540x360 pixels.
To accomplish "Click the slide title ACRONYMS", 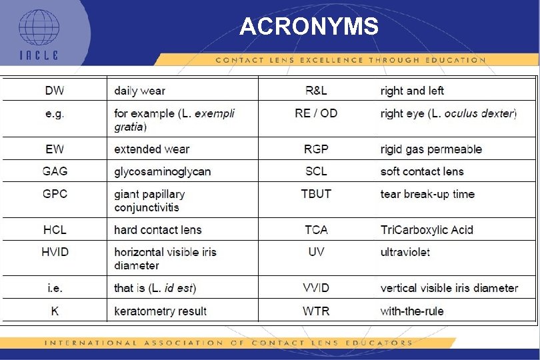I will (x=309, y=27).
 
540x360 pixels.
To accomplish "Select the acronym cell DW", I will (x=55, y=90).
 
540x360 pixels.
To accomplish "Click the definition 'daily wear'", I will (x=139, y=91).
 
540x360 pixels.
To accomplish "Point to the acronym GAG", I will (x=55, y=171).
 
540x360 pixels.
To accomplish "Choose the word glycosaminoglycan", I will (x=162, y=172).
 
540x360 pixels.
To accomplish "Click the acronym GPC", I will (x=55, y=194).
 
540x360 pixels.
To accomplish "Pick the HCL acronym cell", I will (x=55, y=229).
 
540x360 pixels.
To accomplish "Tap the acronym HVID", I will (x=55, y=252).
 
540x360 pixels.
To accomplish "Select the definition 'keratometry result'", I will (x=160, y=311).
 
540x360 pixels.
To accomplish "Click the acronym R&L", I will (x=316, y=90).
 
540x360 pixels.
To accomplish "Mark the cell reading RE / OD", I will (x=316, y=113).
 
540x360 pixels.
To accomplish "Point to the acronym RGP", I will (x=316, y=149).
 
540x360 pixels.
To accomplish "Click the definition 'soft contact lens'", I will (x=421, y=171).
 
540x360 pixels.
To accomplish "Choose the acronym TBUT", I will (x=316, y=194).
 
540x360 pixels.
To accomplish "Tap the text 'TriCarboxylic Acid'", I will (x=427, y=229).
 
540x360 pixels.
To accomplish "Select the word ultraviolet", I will (x=405, y=252).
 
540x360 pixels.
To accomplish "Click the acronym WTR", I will (x=316, y=311).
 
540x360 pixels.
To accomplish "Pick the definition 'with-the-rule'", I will (x=411, y=311).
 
